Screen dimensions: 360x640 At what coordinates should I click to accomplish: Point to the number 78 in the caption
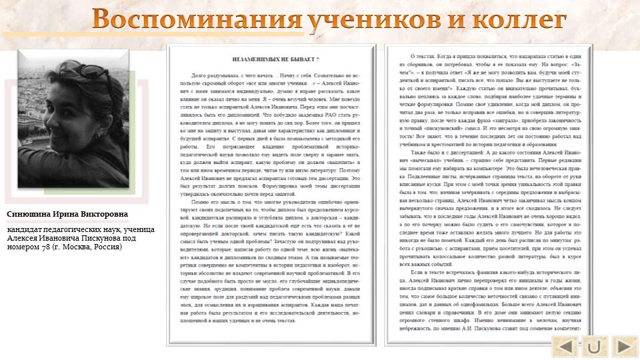click(x=47, y=247)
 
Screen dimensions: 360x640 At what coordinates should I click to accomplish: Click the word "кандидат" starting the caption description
click(x=27, y=229)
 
